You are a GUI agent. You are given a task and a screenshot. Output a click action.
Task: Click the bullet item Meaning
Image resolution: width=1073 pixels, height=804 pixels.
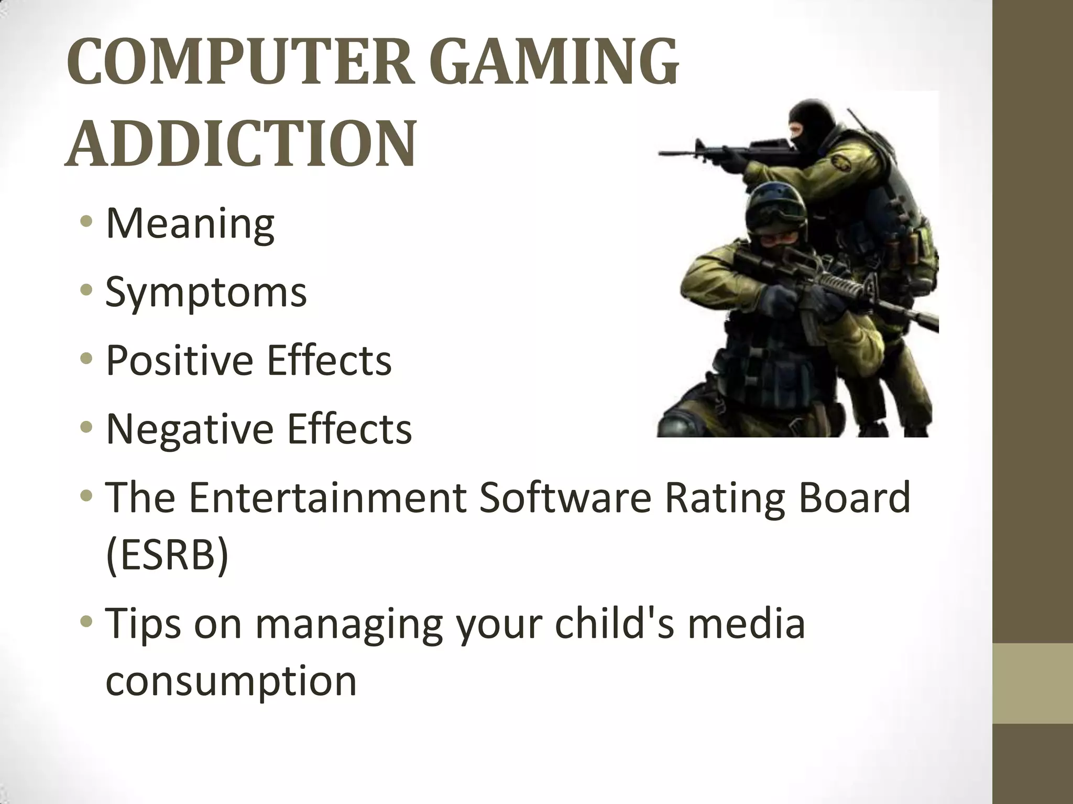click(190, 224)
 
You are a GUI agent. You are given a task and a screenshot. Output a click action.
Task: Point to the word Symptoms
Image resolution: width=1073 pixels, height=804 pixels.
click(206, 293)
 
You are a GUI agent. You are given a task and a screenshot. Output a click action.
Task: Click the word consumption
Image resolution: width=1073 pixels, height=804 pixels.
click(231, 682)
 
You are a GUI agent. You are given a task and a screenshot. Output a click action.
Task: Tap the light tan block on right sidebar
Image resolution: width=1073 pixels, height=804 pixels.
click(1033, 684)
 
